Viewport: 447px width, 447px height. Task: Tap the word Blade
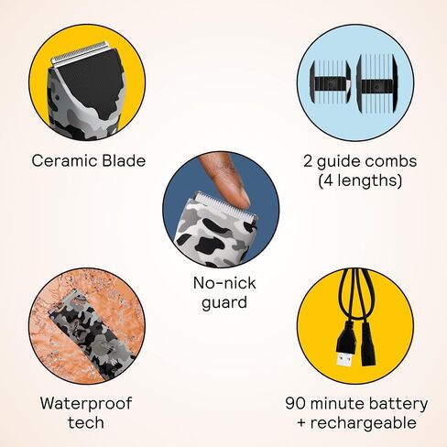pos(124,160)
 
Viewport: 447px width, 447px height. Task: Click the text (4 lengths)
pos(360,180)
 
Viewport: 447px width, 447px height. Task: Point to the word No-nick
pos(224,283)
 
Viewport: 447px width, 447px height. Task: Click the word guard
pos(224,303)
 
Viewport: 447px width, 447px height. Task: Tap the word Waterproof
pos(86,404)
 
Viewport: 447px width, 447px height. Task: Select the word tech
pos(86,423)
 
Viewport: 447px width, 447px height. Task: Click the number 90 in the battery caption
pos(296,403)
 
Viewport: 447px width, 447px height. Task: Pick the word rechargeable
pos(363,423)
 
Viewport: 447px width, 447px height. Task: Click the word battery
pos(398,404)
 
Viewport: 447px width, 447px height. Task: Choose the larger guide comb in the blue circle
pos(376,82)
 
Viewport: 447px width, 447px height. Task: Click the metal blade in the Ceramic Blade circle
pos(80,54)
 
